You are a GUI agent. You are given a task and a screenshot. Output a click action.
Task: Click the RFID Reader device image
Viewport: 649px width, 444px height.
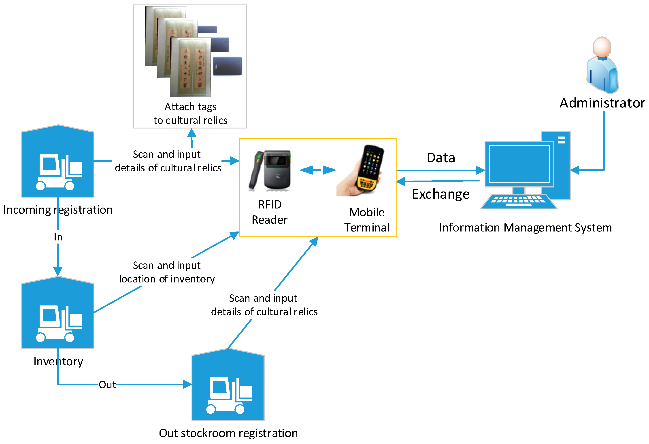pos(270,171)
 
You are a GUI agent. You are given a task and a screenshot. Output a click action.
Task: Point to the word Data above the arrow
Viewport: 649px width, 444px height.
pos(441,158)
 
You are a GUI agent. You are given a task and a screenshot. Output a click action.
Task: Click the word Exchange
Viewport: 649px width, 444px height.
pos(440,194)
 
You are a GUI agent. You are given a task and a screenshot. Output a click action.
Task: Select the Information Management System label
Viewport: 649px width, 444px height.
pos(525,227)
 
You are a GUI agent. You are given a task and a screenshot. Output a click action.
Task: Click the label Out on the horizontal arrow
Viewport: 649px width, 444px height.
pos(107,385)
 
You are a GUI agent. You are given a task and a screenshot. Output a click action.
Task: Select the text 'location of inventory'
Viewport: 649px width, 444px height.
pos(167,279)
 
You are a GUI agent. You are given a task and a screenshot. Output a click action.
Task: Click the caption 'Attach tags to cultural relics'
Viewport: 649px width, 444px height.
pos(190,114)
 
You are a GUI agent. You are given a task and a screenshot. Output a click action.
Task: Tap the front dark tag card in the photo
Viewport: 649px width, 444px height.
pos(227,66)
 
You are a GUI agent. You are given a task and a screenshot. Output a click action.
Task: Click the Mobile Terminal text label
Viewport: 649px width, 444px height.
pos(366,220)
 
